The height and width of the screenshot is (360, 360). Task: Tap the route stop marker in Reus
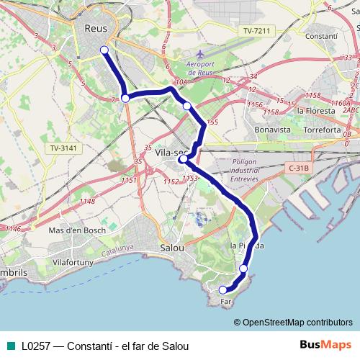coord(104,50)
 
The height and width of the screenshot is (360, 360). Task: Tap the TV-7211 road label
coord(257,31)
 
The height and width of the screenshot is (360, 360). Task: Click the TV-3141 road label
coord(64,148)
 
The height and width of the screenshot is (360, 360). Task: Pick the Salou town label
coord(171,247)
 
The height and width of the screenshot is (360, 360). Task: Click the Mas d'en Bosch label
coord(77,230)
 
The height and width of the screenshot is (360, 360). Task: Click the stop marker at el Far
coord(223,290)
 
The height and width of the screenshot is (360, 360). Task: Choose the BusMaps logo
coord(327,345)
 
